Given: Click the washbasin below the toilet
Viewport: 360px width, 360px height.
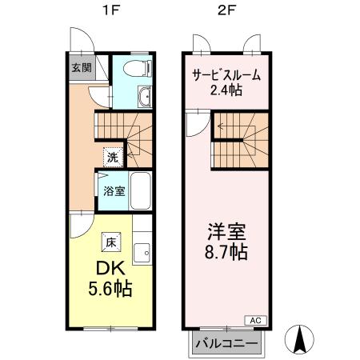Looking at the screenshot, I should [144, 98].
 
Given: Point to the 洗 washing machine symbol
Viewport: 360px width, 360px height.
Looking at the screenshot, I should [112, 157].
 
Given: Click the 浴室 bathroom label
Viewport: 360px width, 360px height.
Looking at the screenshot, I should [113, 191].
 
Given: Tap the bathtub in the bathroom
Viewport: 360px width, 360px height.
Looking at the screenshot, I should [142, 190].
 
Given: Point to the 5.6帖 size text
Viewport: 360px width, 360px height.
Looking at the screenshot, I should [110, 288].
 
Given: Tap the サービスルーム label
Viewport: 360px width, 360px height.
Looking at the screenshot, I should [226, 76].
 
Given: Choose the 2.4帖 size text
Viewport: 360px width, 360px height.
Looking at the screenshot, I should [226, 91].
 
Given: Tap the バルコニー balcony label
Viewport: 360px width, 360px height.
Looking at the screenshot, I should [226, 344].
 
